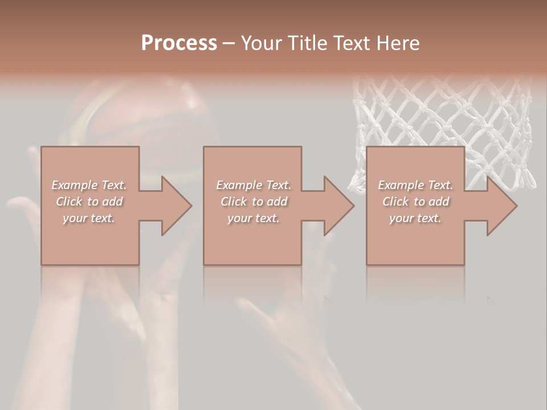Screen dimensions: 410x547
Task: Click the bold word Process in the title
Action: coord(179,43)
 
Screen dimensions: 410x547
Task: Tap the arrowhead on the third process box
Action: coord(500,206)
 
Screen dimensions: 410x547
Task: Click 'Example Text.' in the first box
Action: coord(89,185)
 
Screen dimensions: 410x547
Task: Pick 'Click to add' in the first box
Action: coord(89,202)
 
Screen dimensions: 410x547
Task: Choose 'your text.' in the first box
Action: coord(89,218)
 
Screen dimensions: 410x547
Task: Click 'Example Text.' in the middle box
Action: coord(254,185)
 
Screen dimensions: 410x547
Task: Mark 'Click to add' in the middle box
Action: coord(254,202)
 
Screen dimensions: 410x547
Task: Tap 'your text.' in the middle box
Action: coord(254,218)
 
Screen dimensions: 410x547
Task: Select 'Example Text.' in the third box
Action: coord(415,185)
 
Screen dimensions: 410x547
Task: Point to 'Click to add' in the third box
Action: coord(415,202)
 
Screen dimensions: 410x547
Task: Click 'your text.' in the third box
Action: coord(415,218)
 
